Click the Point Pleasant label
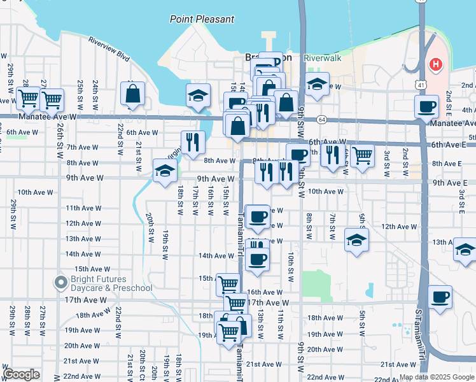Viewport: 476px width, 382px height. click(x=202, y=19)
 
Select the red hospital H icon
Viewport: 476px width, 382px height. click(x=435, y=64)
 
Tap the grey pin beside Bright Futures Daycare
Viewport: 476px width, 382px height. click(x=60, y=281)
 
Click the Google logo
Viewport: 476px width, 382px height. click(x=21, y=374)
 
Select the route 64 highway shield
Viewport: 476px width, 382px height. click(x=322, y=120)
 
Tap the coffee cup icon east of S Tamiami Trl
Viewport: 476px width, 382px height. click(x=440, y=296)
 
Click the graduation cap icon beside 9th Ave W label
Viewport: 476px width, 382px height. click(x=164, y=170)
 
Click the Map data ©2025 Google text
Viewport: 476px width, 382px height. click(x=436, y=377)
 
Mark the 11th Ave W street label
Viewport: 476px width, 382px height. click(x=83, y=208)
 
